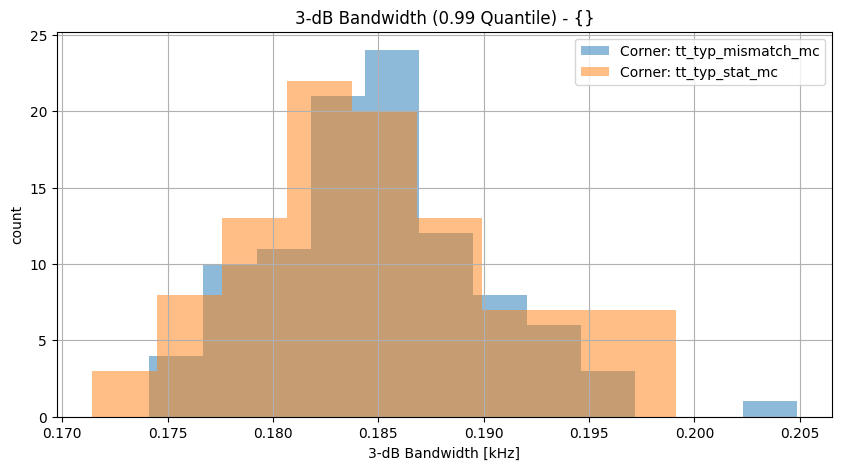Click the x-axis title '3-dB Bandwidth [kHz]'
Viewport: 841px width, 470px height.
tap(444, 453)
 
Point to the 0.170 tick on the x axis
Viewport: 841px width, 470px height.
tap(63, 434)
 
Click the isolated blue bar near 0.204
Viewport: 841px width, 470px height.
tap(770, 409)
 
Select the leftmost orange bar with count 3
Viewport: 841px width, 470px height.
tap(120, 395)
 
